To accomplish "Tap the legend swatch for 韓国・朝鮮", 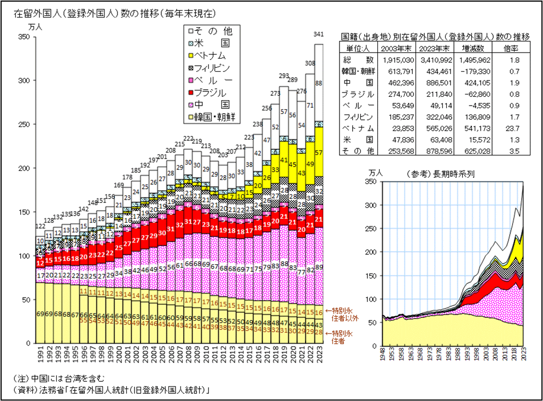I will point(191,117).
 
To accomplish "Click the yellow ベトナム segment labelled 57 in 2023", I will point(318,152).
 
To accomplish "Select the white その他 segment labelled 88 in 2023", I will point(318,83).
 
